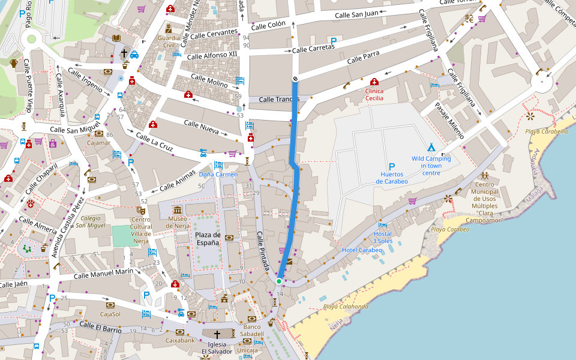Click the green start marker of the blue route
279,281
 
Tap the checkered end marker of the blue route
295,79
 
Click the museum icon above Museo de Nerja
178,209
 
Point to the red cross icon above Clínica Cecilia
374,82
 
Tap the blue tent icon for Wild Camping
430,147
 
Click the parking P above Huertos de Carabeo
392,167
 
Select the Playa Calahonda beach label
346,307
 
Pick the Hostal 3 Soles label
383,237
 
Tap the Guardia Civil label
169,41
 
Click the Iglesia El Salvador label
217,347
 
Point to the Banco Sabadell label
251,330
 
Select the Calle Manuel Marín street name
104,274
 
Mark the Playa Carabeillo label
547,131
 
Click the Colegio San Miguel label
88,221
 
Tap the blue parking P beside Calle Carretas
333,40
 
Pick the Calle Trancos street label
279,100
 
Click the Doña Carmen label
218,175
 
